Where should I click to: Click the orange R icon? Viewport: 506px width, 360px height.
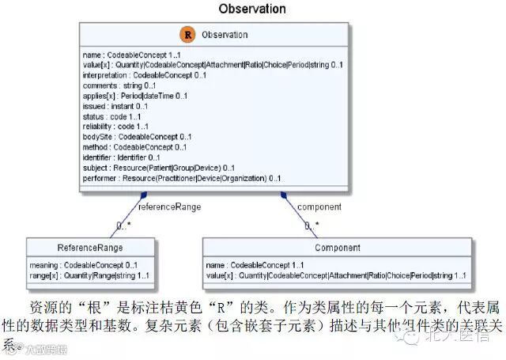187,35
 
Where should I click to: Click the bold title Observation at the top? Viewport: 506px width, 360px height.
252,9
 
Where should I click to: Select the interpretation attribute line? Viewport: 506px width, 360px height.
145,75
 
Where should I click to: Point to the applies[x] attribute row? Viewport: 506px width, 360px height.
134,96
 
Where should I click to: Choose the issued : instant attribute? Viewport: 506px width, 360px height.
115,106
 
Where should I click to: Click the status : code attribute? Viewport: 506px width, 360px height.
110,116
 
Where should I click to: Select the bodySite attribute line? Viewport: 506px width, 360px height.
137,137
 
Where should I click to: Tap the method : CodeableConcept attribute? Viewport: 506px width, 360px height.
134,147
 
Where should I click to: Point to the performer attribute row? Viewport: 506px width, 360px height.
181,179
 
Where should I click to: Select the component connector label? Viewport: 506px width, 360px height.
319,207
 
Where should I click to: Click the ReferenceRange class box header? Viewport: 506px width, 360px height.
89,248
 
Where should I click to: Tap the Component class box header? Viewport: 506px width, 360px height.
338,248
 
